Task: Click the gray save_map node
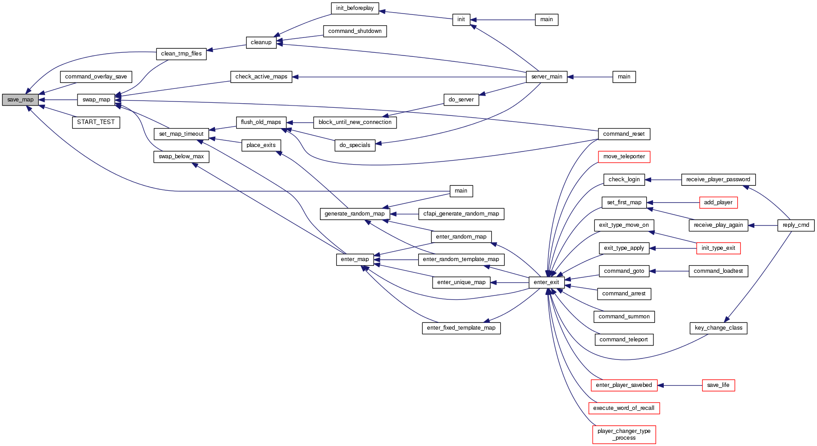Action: [x=20, y=100]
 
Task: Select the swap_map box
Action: [x=96, y=100]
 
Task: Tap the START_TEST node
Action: [x=96, y=122]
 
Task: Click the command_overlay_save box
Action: [x=96, y=77]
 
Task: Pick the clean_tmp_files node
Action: [x=181, y=54]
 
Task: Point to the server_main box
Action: [x=546, y=77]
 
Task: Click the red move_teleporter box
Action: [x=624, y=156]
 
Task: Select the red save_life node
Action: [x=718, y=385]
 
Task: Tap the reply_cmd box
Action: [x=795, y=225]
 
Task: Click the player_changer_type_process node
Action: [x=624, y=434]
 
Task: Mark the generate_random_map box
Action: [x=354, y=214]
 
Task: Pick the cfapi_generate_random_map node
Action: [x=461, y=214]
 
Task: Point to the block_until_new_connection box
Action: [x=355, y=122]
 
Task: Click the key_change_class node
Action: [x=718, y=328]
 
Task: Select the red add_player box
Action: [x=718, y=202]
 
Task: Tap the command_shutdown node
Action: [x=355, y=31]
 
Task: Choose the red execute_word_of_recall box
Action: [x=623, y=408]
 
